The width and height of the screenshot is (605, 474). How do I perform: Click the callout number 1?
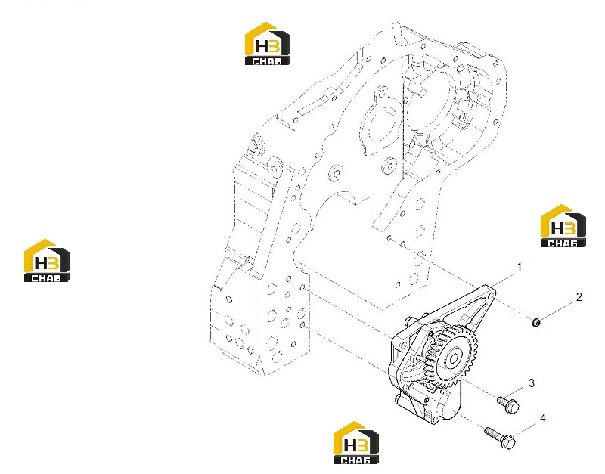(x=520, y=267)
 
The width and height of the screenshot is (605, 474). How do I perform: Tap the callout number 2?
(x=579, y=296)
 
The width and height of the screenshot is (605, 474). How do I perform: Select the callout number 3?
(x=532, y=383)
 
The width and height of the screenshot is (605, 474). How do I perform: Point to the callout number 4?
(x=542, y=418)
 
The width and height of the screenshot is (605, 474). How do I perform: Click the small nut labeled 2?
(x=535, y=321)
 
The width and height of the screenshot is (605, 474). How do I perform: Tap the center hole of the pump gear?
(x=454, y=359)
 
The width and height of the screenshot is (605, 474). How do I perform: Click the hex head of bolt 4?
(x=509, y=441)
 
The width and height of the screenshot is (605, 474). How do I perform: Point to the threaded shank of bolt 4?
(x=493, y=433)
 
